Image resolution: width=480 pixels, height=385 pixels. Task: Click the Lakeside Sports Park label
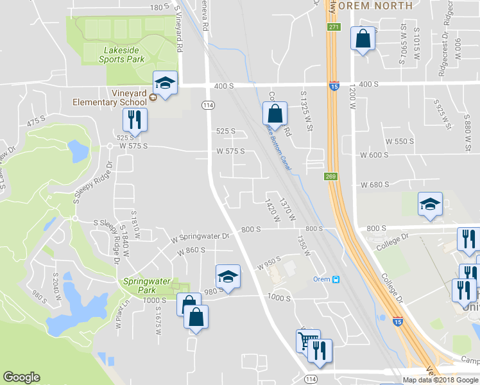pyautogui.click(x=121, y=55)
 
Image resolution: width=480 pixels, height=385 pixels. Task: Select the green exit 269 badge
pyautogui.click(x=330, y=176)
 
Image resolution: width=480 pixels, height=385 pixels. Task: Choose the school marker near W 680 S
pyautogui.click(x=429, y=205)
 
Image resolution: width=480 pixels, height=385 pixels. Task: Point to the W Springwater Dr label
pyautogui.click(x=200, y=237)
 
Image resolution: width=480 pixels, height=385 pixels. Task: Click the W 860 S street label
pyautogui.click(x=193, y=250)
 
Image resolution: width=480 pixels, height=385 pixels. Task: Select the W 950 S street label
pyautogui.click(x=270, y=264)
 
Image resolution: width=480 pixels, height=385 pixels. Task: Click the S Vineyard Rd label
pyautogui.click(x=179, y=29)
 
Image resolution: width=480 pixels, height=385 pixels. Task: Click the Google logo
pyautogui.click(x=22, y=377)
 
